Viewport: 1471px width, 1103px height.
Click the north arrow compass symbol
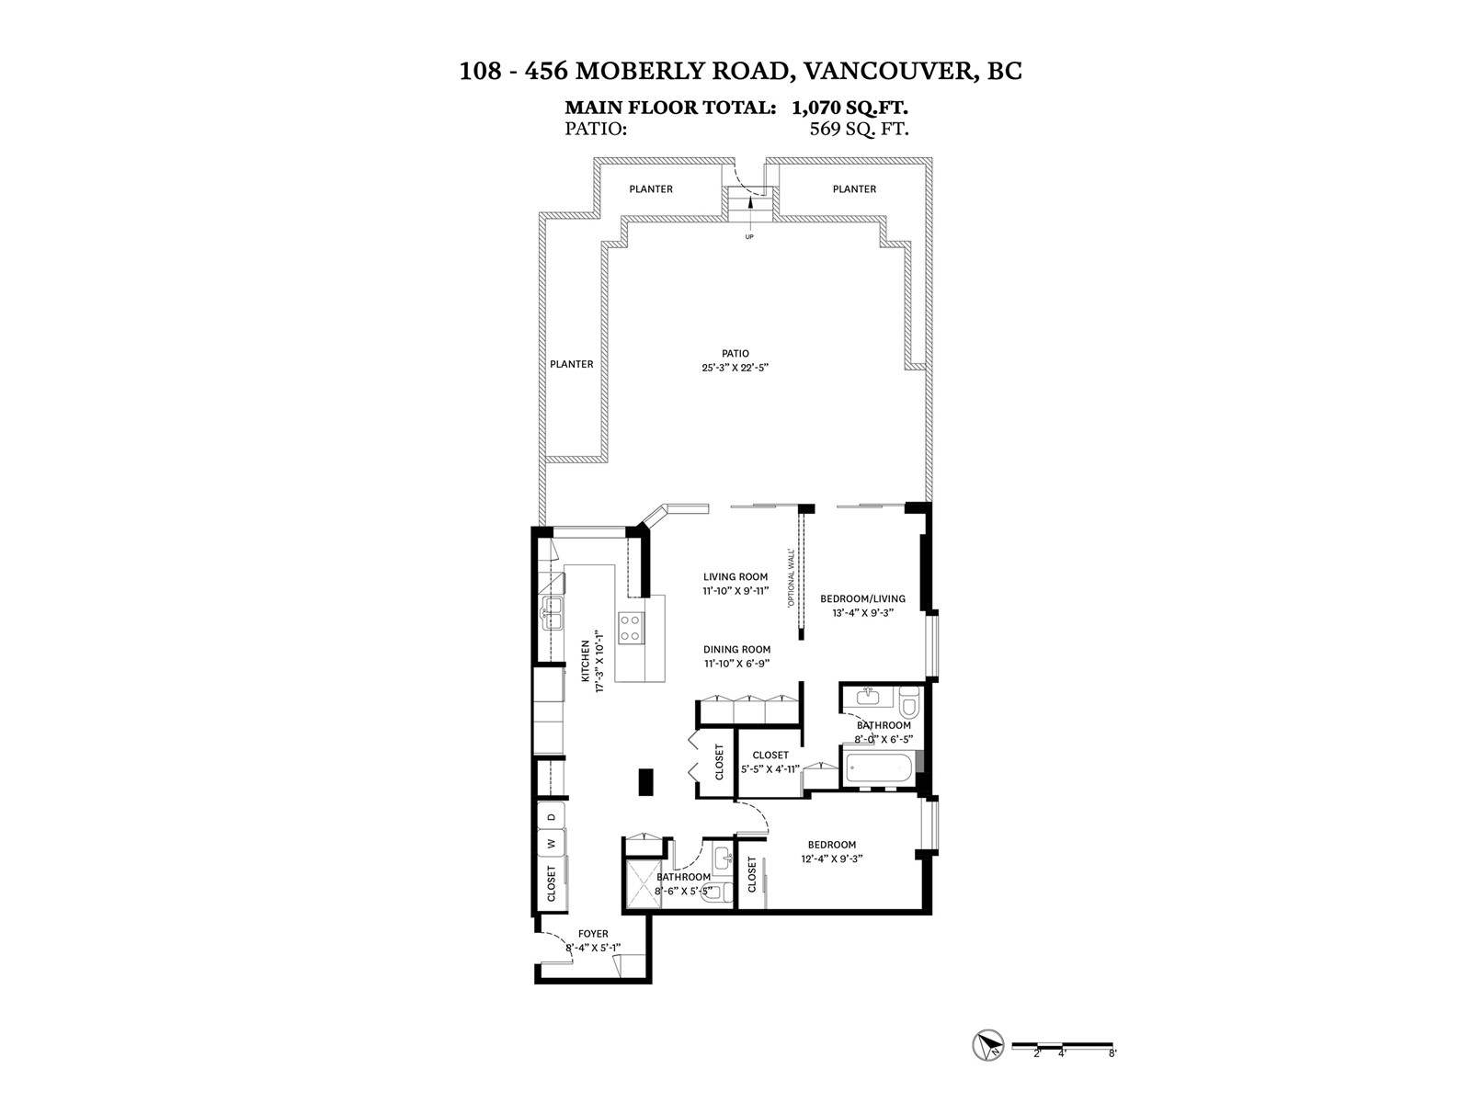click(x=987, y=1045)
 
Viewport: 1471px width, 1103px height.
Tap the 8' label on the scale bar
click(x=1112, y=1053)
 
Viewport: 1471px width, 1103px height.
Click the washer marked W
click(x=552, y=844)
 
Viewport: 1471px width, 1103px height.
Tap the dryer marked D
click(x=552, y=817)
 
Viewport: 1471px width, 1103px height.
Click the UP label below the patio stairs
click(x=749, y=236)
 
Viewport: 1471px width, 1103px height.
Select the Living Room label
click(x=735, y=576)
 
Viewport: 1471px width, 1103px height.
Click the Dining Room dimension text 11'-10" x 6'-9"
click(x=735, y=664)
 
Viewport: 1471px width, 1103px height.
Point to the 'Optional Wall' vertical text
click(x=792, y=577)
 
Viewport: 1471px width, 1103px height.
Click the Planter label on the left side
click(x=572, y=364)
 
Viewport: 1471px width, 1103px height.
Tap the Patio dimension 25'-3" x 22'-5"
click(x=735, y=368)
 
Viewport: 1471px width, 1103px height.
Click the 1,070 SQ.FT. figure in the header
click(x=850, y=108)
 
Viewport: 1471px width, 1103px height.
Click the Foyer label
click(x=593, y=934)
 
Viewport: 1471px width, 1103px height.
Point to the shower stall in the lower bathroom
click(x=643, y=884)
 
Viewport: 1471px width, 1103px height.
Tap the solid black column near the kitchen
click(x=646, y=781)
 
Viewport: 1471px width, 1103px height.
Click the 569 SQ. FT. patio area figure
click(x=859, y=129)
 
